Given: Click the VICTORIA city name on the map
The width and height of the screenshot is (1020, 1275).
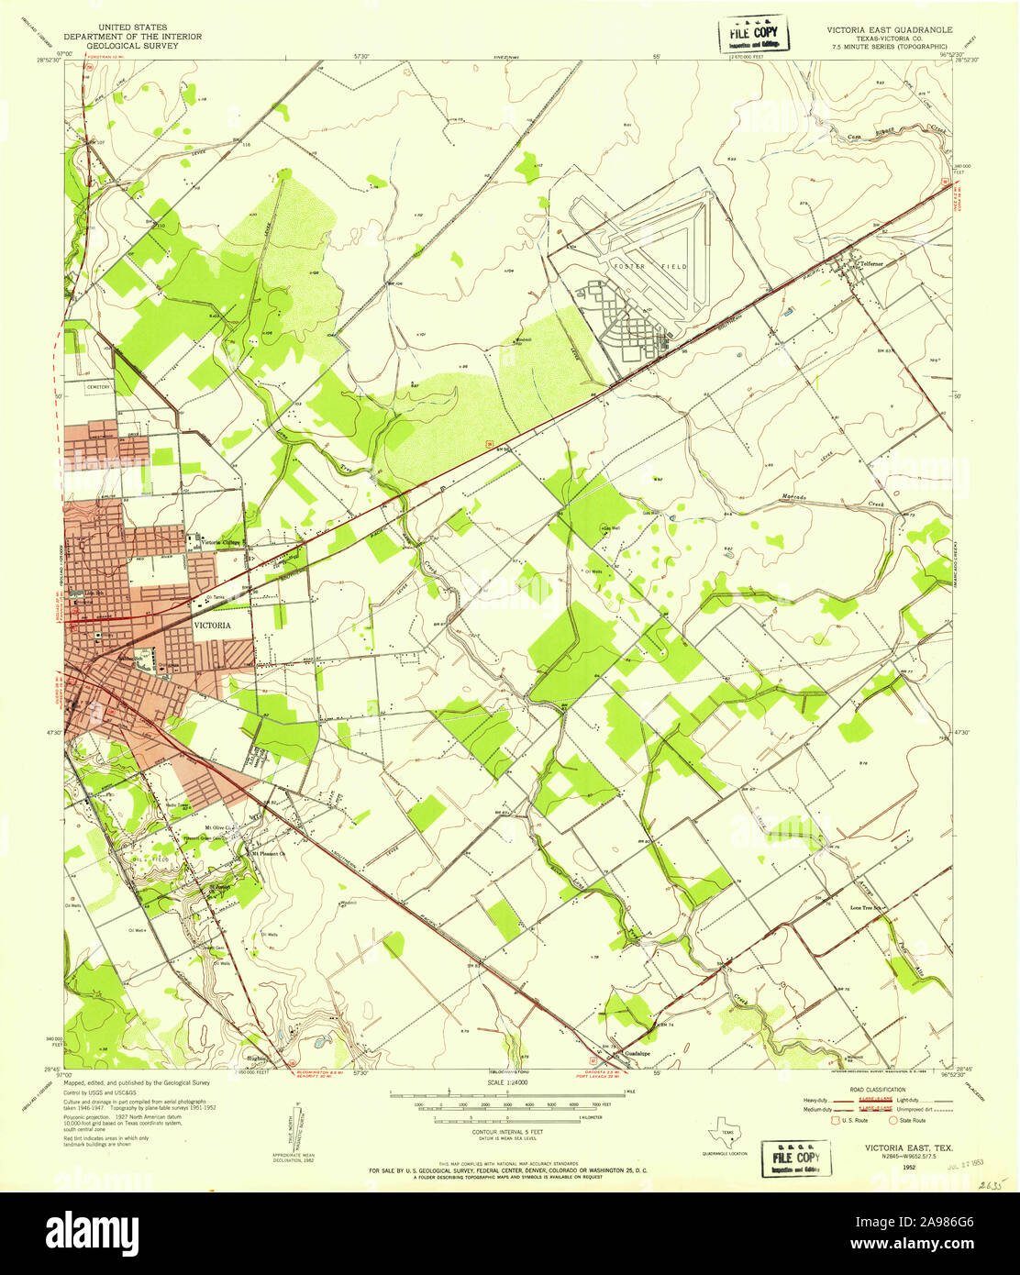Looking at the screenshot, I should coord(211,625).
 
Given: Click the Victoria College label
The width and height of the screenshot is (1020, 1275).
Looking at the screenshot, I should coord(220,540).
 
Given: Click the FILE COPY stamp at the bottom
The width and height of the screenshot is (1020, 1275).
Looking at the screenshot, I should coord(795,1158).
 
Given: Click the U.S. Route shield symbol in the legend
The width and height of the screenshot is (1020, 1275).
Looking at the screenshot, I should coord(835,1120).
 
